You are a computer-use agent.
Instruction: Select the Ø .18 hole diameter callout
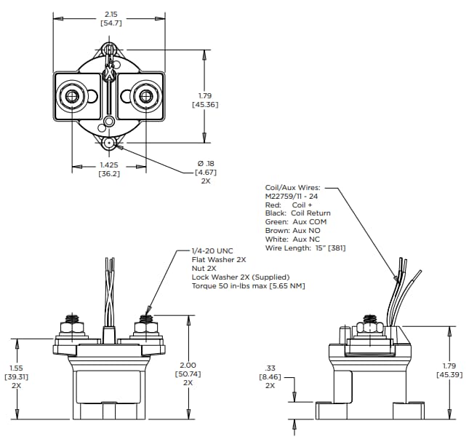click(207, 163)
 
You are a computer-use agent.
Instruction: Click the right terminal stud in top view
click(145, 97)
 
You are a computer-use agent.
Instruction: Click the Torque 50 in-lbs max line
click(248, 285)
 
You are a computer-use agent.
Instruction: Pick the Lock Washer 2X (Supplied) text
click(240, 277)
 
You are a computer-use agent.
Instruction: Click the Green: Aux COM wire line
click(296, 221)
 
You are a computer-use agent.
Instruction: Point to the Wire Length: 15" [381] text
click(305, 248)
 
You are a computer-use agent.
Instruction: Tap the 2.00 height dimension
click(188, 365)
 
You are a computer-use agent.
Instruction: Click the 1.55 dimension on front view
click(15, 368)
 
